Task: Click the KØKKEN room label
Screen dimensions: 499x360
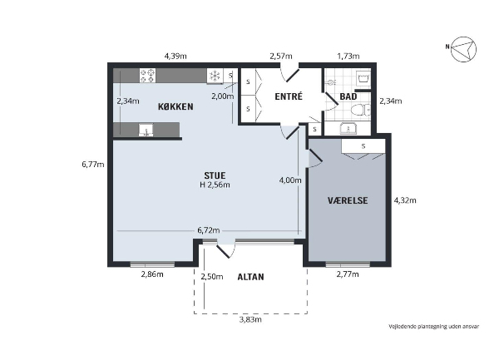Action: pos(175,106)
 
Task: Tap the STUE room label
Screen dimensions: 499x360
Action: pos(215,175)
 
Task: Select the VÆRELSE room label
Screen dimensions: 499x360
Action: pos(348,200)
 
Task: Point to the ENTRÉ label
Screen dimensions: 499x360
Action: pos(289,96)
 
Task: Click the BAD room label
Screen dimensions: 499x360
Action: pos(348,96)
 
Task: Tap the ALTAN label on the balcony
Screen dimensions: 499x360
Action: pos(251,277)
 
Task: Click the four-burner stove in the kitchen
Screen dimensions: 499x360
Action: pos(148,76)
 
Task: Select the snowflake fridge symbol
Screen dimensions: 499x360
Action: pos(215,76)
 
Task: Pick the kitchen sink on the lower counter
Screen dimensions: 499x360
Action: pos(146,131)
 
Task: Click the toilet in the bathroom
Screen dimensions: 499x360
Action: pos(361,111)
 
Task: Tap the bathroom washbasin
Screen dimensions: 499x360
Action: pos(348,129)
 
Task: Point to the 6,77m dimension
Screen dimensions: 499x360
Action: pos(93,165)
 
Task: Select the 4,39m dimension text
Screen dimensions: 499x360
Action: pos(175,57)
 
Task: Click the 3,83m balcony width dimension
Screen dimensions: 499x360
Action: pos(250,319)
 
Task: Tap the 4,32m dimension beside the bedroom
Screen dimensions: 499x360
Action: pos(405,200)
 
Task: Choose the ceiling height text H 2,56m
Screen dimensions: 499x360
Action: pos(215,185)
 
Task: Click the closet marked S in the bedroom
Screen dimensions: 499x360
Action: pos(363,146)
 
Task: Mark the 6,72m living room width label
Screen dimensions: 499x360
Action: pos(209,230)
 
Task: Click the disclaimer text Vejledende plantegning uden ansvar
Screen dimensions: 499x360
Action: pos(433,326)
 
